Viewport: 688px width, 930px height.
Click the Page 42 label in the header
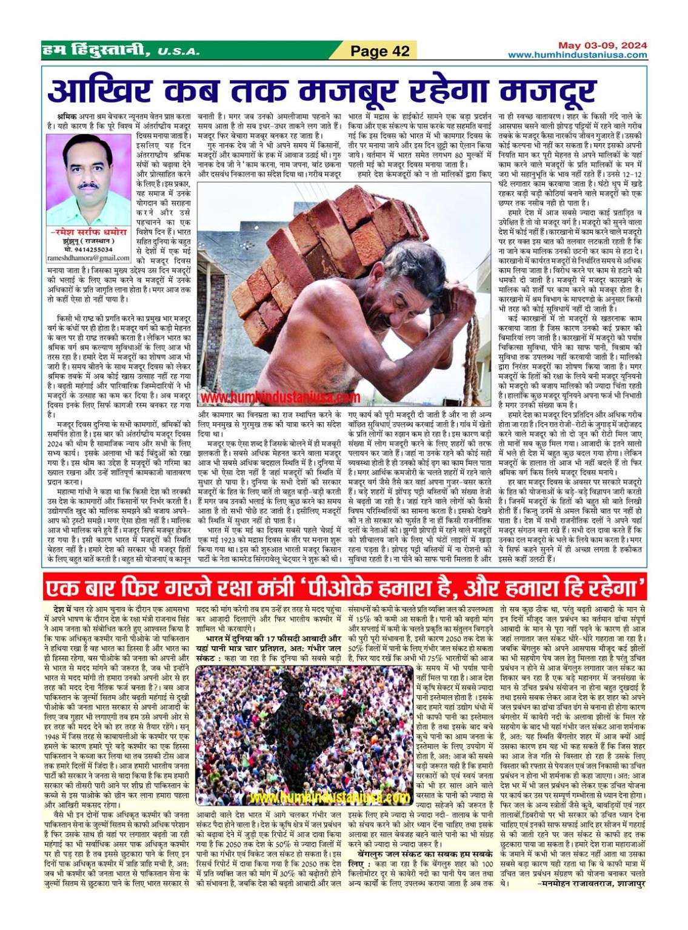coord(380,51)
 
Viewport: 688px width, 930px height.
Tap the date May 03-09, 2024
coord(602,45)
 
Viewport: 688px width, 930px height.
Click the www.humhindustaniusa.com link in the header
coord(577,55)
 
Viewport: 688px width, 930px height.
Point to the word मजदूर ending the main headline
coord(548,92)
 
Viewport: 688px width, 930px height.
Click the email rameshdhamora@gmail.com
coord(89,258)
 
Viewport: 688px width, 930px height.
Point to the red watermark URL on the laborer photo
coord(280,397)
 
